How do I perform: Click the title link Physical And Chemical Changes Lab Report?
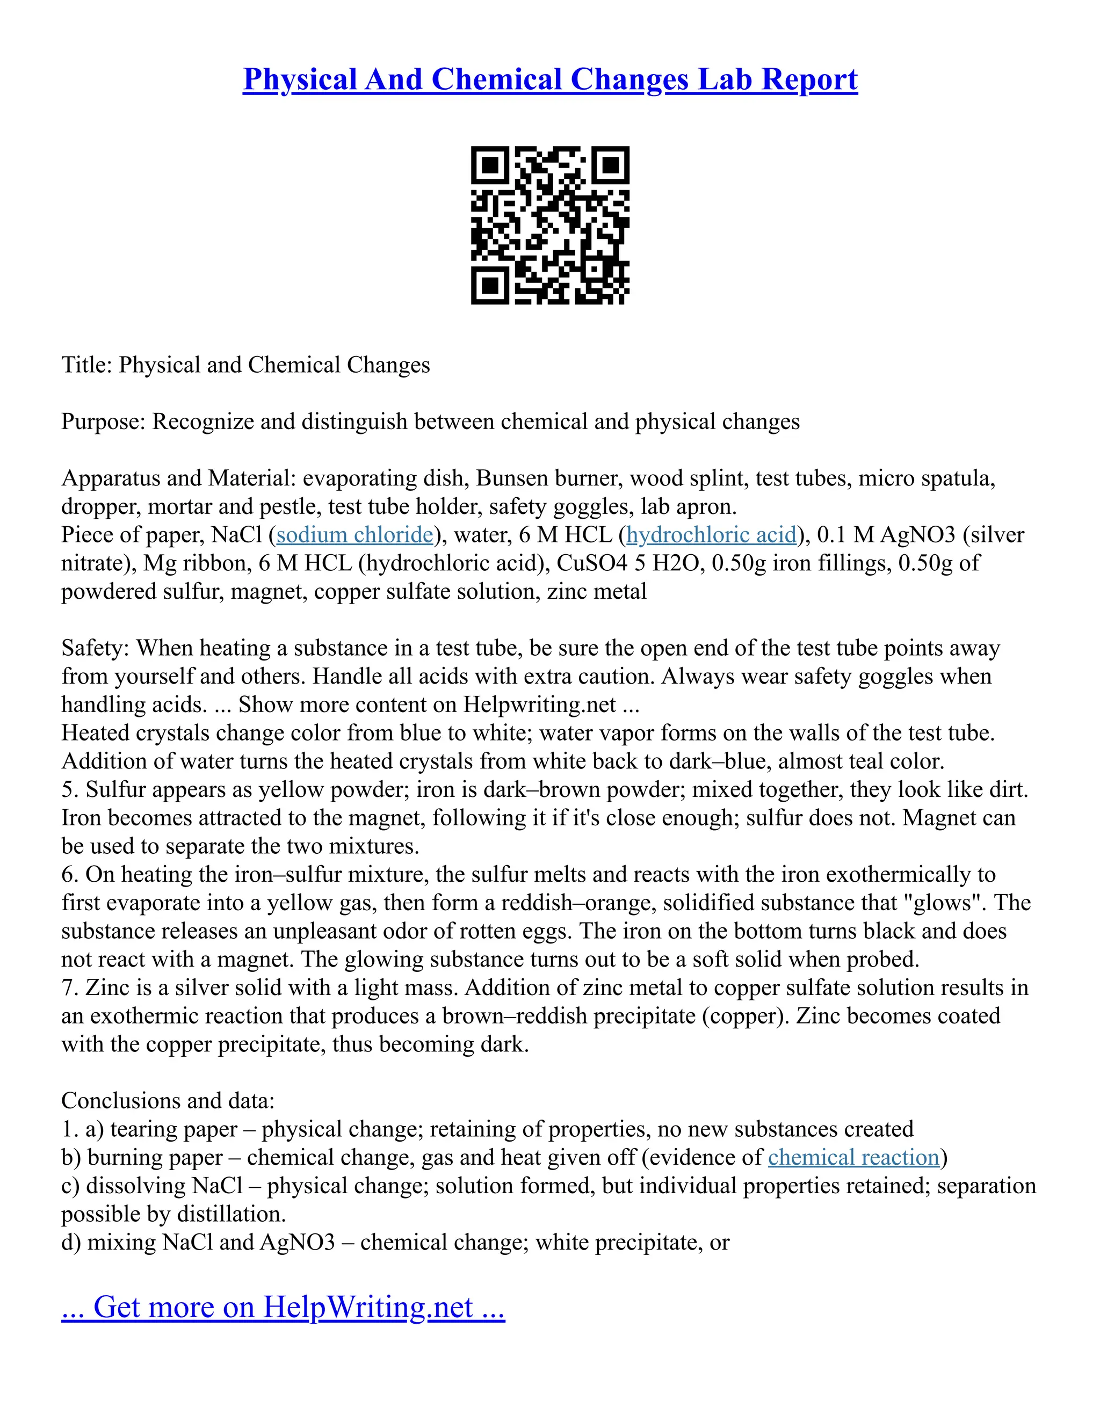coord(550,79)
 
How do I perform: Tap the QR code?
coord(550,225)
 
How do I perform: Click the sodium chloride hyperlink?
coord(354,535)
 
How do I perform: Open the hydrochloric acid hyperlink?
coord(711,535)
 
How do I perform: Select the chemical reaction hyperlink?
coord(853,1157)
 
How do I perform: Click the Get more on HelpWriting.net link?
coord(283,1307)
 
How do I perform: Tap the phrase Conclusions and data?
coord(168,1100)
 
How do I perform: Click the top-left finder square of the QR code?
coord(489,165)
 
